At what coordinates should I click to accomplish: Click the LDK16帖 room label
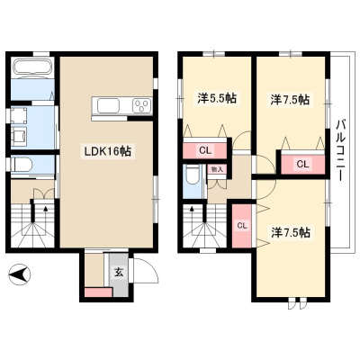107,151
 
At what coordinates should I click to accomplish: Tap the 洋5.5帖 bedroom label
217,99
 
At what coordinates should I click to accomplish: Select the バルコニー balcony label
340,150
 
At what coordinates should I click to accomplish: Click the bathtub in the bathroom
32,68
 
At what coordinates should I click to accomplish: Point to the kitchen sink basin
108,106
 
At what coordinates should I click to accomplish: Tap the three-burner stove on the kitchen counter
141,106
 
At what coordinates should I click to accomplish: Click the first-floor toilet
21,165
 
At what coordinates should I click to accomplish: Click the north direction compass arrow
20,274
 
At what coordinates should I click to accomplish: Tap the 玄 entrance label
119,273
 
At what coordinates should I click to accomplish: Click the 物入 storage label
217,169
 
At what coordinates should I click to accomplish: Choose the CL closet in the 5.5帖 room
205,150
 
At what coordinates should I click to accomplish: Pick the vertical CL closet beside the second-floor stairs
242,226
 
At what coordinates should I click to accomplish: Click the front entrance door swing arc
150,267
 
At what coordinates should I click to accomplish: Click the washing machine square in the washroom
18,116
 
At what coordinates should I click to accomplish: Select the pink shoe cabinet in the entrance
98,292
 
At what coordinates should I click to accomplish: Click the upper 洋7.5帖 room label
290,100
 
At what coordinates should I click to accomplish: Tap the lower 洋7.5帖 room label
290,232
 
